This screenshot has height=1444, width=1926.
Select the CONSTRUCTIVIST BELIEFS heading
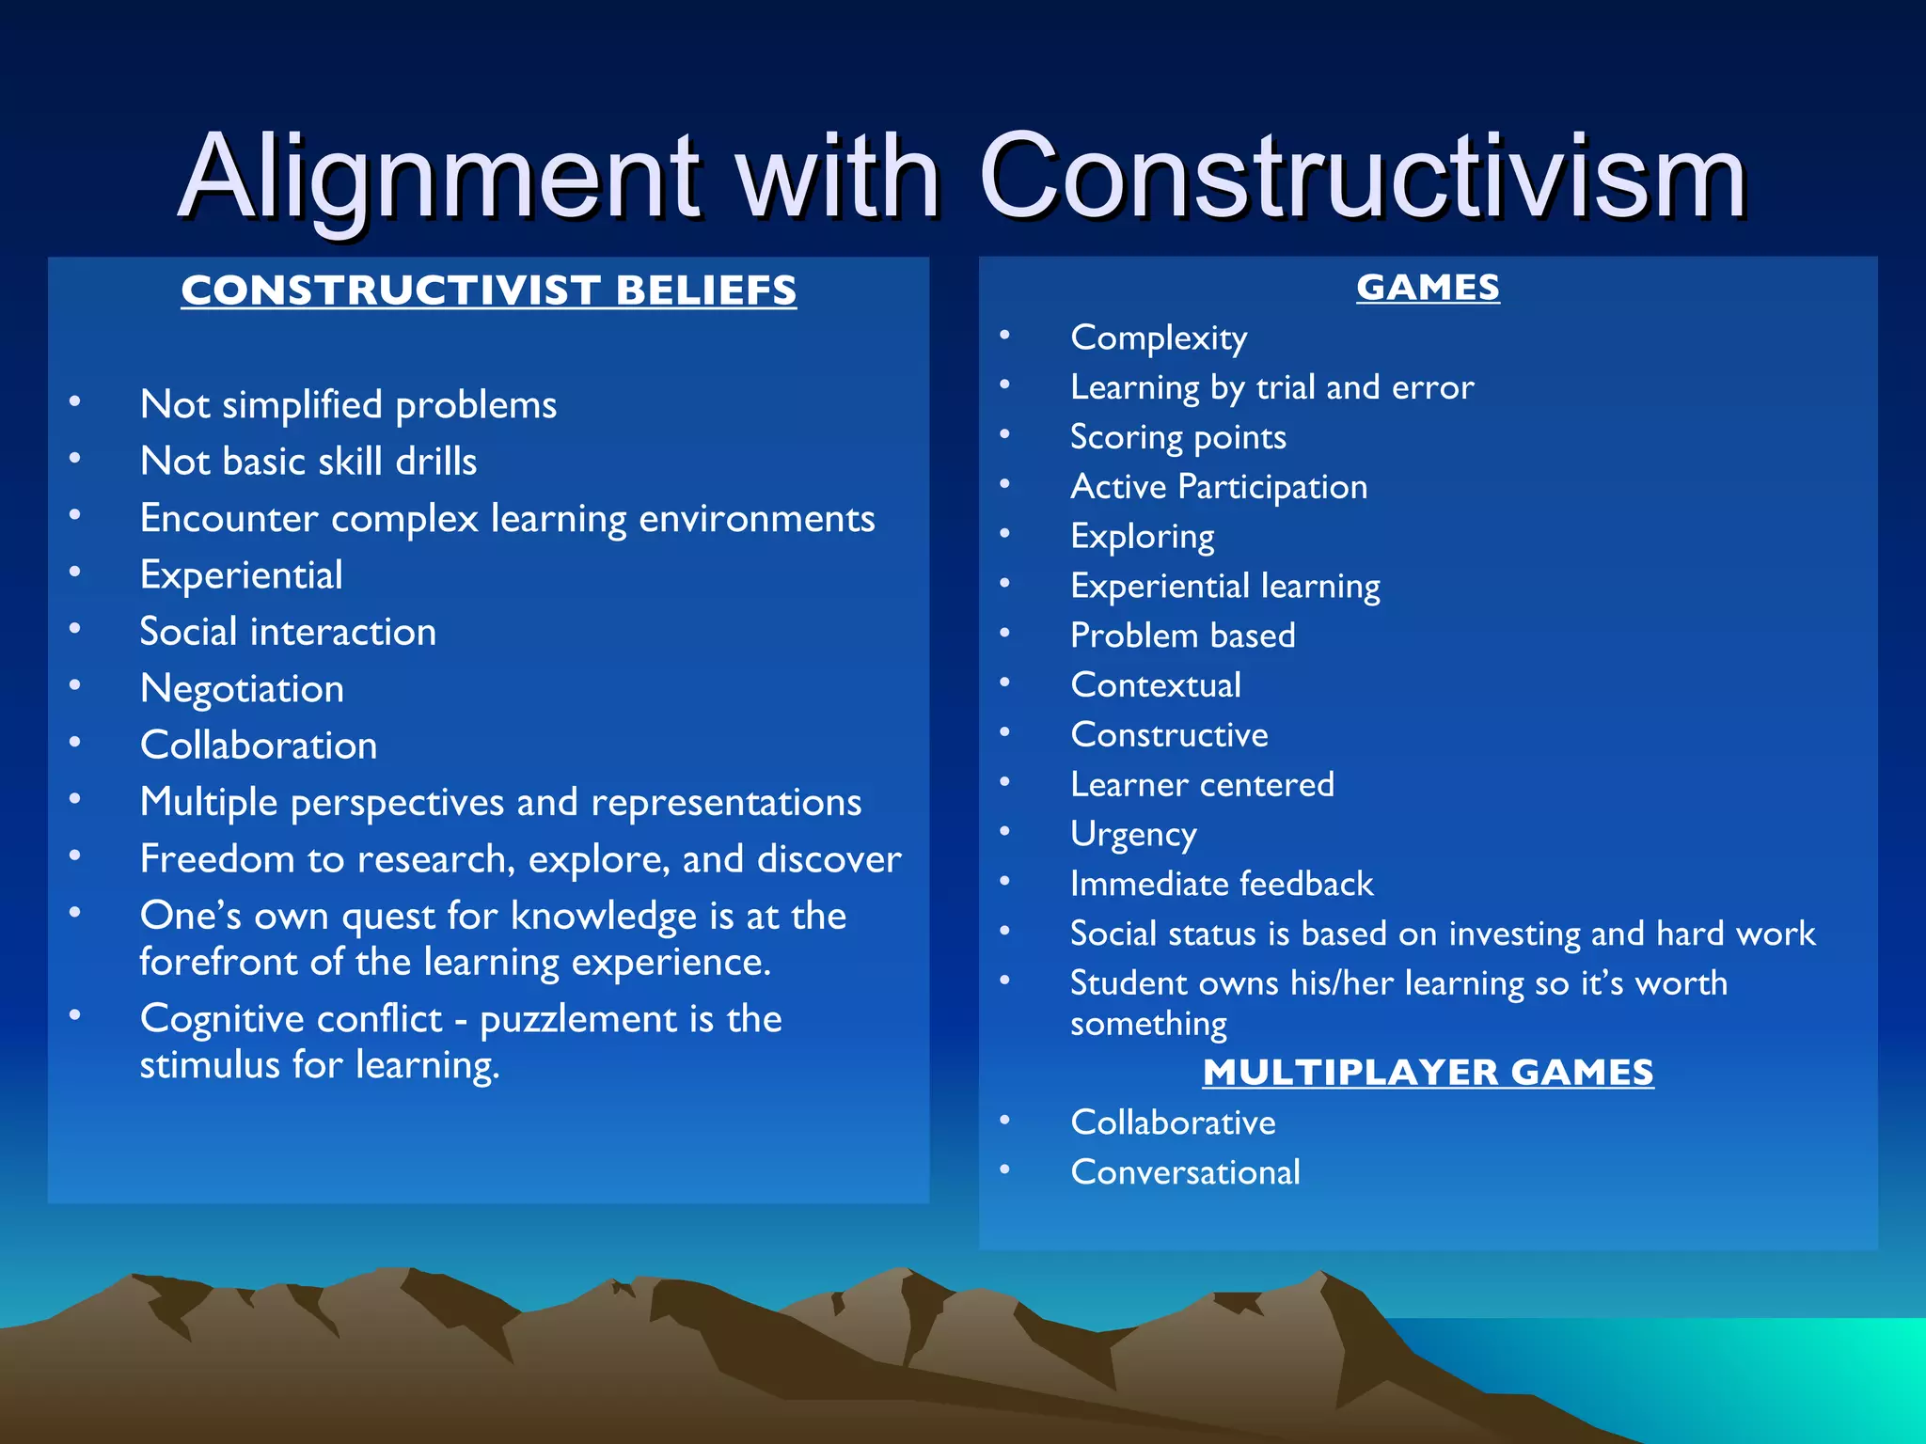[x=488, y=290]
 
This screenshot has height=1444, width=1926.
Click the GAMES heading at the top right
[x=1427, y=288]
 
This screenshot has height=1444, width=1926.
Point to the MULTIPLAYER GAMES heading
[x=1427, y=1073]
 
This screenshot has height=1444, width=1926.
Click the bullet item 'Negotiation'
[x=242, y=689]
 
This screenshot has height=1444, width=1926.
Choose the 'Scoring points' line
[x=1177, y=437]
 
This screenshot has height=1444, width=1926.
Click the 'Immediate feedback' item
[x=1222, y=885]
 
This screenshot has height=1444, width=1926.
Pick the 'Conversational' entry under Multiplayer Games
[x=1185, y=1172]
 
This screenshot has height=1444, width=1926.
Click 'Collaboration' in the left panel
[x=259, y=746]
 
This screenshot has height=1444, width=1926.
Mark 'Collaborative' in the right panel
[x=1173, y=1122]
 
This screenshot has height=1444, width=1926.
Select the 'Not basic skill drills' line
[x=308, y=462]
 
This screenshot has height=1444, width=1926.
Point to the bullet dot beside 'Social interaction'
[x=74, y=629]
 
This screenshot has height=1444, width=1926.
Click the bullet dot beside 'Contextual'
[x=1004, y=683]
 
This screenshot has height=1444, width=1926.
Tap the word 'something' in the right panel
[x=1148, y=1024]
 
